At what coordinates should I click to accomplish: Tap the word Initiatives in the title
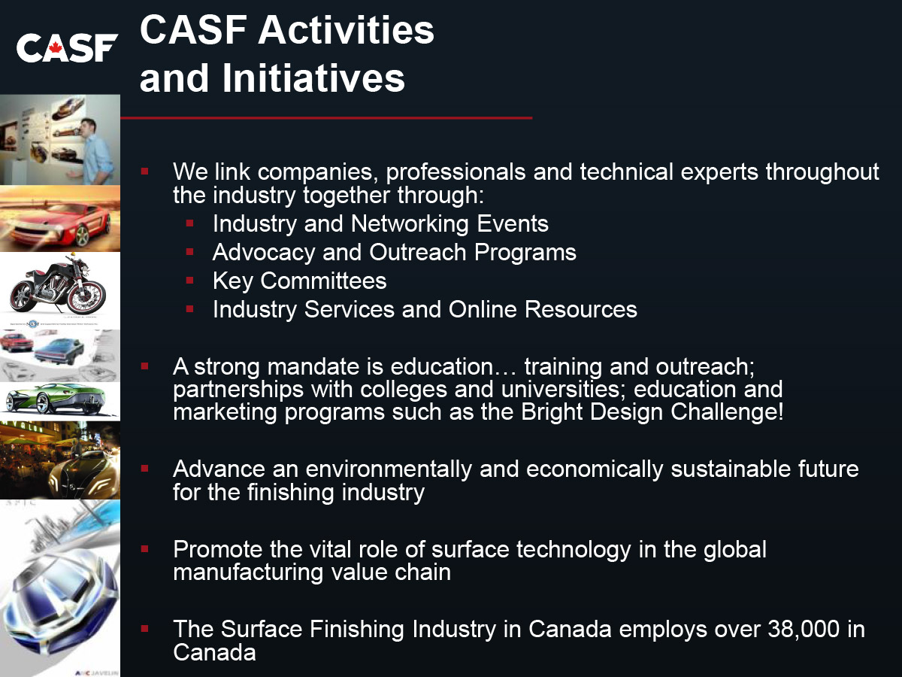[x=314, y=77]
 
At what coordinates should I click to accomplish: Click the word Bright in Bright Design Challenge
[x=552, y=412]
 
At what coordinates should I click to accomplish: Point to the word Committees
[x=323, y=281]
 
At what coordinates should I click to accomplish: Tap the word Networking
[x=410, y=224]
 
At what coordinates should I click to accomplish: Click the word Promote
[x=217, y=550]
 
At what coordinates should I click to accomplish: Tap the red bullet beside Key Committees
[x=190, y=281]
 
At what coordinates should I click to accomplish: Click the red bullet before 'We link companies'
[x=144, y=171]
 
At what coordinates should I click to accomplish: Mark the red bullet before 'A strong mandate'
[x=144, y=366]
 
